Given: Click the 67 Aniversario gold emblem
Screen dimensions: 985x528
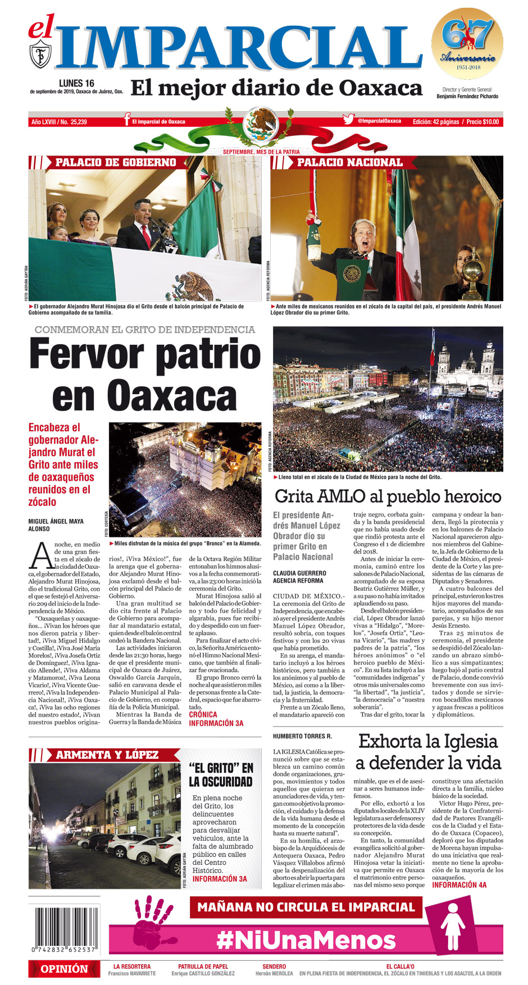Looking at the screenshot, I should (467, 43).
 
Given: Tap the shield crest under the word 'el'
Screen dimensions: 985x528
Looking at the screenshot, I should (40, 54).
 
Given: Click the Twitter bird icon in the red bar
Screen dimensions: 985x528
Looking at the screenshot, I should (348, 120).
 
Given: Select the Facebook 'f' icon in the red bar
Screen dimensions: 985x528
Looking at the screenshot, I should (127, 120).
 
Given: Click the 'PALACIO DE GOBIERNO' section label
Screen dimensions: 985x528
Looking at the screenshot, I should (116, 162).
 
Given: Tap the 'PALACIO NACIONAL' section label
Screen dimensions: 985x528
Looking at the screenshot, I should (349, 162).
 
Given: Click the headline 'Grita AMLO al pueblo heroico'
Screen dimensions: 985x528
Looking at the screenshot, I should (388, 496).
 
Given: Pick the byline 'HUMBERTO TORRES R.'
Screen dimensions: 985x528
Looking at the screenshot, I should (302, 736).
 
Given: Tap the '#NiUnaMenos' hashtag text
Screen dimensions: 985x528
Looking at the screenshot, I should (306, 940).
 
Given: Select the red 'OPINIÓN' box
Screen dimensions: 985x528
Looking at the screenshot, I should (64, 969).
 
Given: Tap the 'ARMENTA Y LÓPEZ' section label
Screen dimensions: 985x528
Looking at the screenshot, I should (107, 755).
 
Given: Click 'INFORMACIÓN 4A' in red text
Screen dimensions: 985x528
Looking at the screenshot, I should (459, 885).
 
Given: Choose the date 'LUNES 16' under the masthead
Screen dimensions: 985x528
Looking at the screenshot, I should (76, 83).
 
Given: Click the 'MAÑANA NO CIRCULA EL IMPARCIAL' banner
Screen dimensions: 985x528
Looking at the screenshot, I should (306, 907).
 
